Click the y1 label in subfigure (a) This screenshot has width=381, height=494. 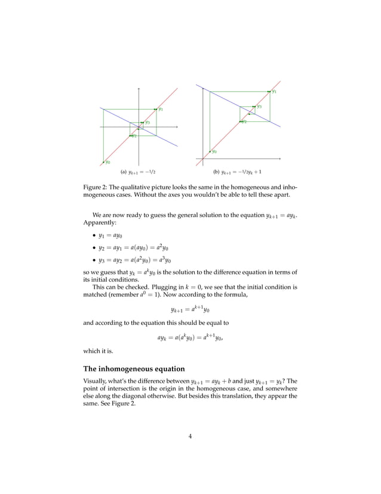click(x=161, y=109)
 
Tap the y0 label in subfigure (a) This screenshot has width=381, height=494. click(x=107, y=161)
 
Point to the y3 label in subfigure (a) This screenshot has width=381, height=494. click(x=147, y=122)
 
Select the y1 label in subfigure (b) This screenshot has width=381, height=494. click(x=274, y=92)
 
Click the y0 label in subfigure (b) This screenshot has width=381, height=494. click(x=214, y=151)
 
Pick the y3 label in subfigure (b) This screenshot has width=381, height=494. click(x=259, y=106)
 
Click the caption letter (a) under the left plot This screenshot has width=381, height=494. click(x=124, y=172)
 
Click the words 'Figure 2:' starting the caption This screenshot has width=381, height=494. click(x=96, y=187)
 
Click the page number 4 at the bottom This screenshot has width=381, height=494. click(x=190, y=436)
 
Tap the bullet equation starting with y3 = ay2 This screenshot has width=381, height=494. click(x=135, y=260)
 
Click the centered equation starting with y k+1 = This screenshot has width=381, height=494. click(x=190, y=310)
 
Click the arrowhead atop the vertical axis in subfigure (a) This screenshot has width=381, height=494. click(x=139, y=89)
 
